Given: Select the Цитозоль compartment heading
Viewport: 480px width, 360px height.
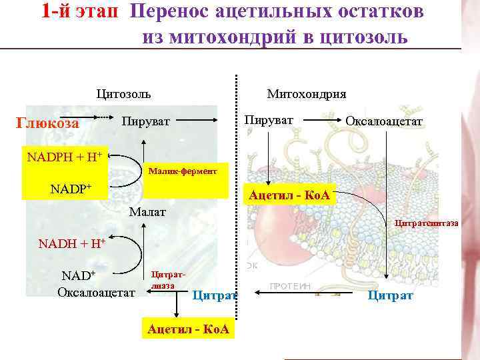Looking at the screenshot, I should (124, 93).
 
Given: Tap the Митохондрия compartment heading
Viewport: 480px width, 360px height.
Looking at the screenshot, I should (306, 93).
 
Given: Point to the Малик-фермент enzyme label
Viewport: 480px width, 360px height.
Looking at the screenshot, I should (187, 171).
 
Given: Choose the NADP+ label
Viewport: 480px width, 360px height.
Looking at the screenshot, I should (70, 188).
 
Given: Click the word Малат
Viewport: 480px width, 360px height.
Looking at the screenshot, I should (148, 213).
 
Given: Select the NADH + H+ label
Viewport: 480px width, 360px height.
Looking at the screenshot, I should (72, 243).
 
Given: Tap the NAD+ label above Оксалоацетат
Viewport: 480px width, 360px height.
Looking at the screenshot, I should (79, 275).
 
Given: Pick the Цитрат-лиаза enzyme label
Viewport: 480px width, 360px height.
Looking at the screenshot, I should (164, 279).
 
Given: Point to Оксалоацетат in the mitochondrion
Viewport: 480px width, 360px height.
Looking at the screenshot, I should (384, 121).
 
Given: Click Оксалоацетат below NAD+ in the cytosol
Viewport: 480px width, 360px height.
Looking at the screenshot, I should (96, 292).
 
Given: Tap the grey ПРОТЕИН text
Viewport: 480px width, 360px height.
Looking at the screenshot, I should (291, 285).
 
